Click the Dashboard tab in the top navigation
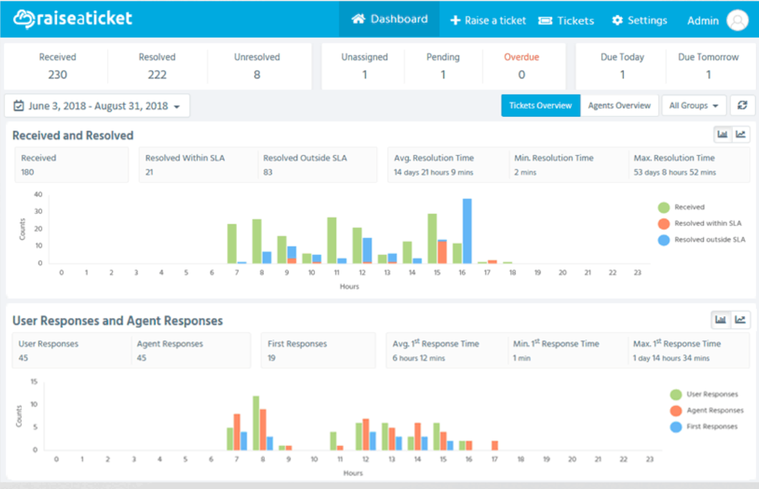pos(389,19)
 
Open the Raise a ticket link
pos(488,21)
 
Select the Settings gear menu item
pos(639,21)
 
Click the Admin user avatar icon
pos(737,21)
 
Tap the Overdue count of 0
pos(521,75)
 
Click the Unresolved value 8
pos(257,75)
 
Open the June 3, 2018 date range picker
pos(97,106)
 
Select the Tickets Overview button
pos(540,105)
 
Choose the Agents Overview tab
pos(619,105)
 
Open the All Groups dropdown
pos(693,105)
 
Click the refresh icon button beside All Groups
pos(742,105)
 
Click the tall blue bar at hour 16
pos(467,231)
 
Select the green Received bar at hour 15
pos(433,238)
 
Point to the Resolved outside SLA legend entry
pos(701,240)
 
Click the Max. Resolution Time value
pos(675,172)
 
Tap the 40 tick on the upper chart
pos(39,194)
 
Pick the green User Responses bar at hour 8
pos(256,423)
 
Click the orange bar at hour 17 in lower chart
pos(495,445)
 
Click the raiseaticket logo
pos(73,19)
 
